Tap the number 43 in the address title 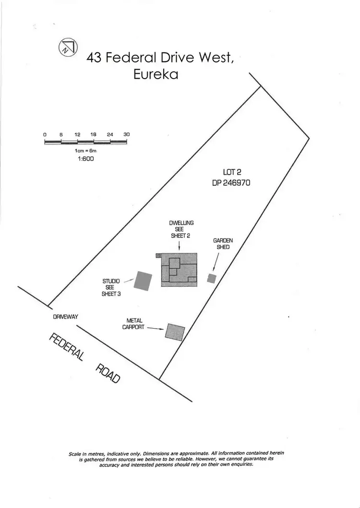pyautogui.click(x=94, y=58)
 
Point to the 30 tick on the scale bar pyautogui.click(x=127, y=135)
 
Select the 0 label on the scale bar pyautogui.click(x=45, y=135)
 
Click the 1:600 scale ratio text pyautogui.click(x=85, y=158)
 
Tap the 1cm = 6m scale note pyautogui.click(x=85, y=151)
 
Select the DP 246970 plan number pyautogui.click(x=231, y=183)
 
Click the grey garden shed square pyautogui.click(x=211, y=278)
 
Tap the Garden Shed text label pyautogui.click(x=221, y=244)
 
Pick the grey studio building pyautogui.click(x=144, y=281)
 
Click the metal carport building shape pyautogui.click(x=175, y=332)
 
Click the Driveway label pyautogui.click(x=65, y=317)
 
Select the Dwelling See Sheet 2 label pyautogui.click(x=179, y=229)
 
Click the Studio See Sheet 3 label pyautogui.click(x=111, y=287)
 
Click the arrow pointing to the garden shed pyautogui.click(x=216, y=262)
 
